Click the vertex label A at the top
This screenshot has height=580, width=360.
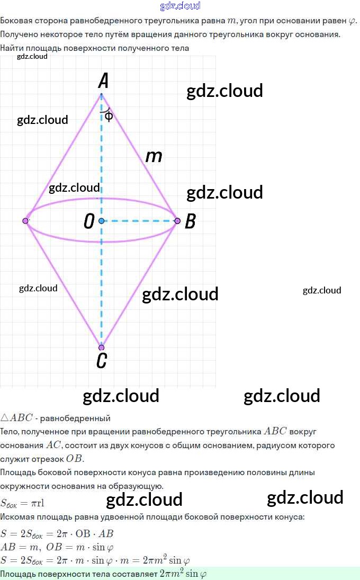(x=104, y=81)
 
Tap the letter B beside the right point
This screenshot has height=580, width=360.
(x=190, y=221)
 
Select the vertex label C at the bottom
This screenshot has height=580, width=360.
(x=102, y=361)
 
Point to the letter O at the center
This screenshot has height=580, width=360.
(x=89, y=221)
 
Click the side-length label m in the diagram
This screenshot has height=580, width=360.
(x=154, y=156)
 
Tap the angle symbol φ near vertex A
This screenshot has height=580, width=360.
(x=109, y=116)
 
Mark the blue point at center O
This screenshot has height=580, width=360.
(x=101, y=220)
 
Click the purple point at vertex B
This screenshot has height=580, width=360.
(x=177, y=220)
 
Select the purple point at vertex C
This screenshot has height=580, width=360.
(x=102, y=348)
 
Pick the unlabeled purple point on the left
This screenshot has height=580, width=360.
(x=25, y=220)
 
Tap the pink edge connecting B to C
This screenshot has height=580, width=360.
(x=140, y=284)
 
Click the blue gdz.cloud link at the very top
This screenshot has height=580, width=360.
(x=180, y=6)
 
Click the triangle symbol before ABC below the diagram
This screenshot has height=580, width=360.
(x=5, y=418)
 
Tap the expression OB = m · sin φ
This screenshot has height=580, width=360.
(x=79, y=547)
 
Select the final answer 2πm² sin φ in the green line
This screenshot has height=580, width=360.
(x=183, y=574)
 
